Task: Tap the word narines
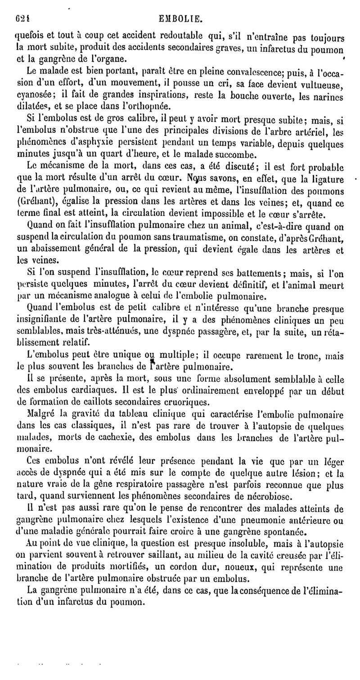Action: pos(329,95)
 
